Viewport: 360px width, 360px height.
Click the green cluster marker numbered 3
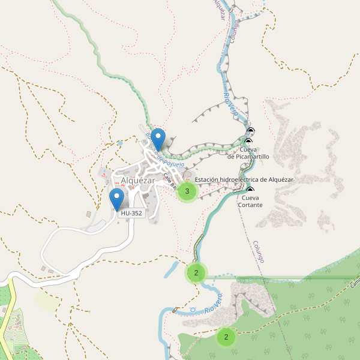[187, 191]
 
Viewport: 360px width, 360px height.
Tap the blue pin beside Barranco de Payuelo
[158, 139]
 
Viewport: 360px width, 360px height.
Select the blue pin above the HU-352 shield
[117, 198]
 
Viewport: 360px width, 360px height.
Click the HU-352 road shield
[131, 213]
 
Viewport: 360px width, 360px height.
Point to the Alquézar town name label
[137, 180]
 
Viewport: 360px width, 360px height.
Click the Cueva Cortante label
[250, 201]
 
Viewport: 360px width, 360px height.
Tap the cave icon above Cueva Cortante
[250, 190]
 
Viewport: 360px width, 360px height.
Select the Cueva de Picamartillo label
[248, 152]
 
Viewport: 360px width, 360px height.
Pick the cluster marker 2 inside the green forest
[226, 337]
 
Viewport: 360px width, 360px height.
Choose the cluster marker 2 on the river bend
[196, 273]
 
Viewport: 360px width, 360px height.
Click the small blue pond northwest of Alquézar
[121, 143]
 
